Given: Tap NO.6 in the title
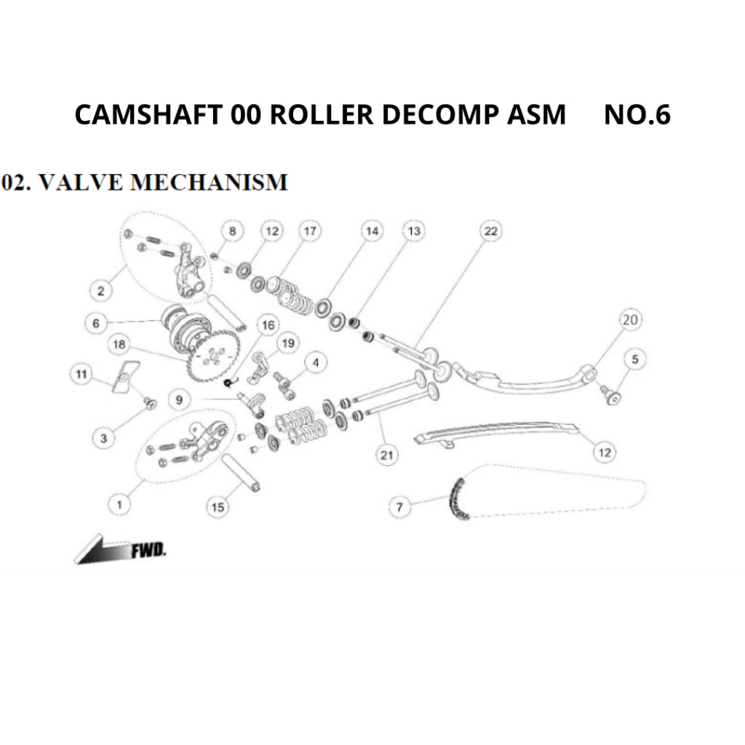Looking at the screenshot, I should point(637,115).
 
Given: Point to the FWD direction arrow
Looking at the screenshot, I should point(102,551).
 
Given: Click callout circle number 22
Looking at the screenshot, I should point(490,231).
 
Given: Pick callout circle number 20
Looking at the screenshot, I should point(630,320).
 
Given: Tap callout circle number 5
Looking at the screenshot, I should point(634,359).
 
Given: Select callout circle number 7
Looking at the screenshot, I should point(399,506).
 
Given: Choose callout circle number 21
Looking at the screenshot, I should point(386,456).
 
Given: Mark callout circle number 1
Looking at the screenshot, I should point(121,503).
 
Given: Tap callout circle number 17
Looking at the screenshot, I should point(310,231).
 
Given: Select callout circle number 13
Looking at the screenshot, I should point(413,231).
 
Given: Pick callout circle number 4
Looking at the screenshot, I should point(315,362).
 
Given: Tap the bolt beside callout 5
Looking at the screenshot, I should point(608,394).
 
